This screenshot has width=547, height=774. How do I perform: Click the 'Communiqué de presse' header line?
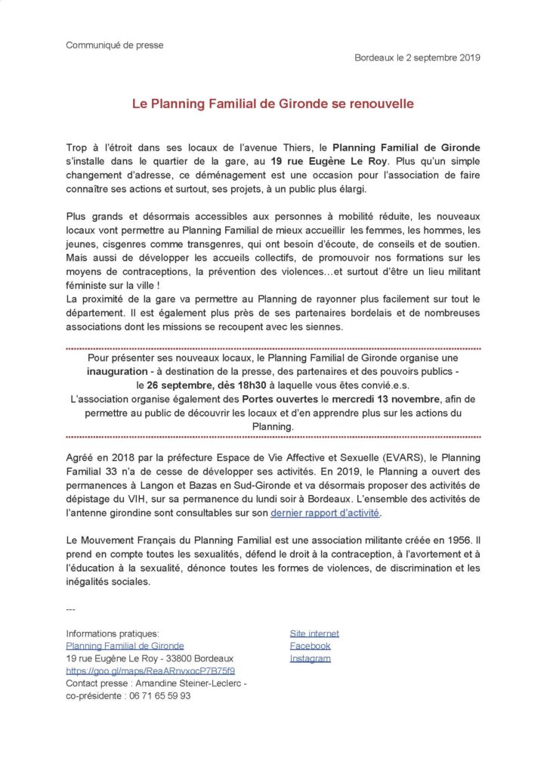tap(115, 45)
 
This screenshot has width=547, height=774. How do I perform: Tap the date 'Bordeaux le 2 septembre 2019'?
tap(417, 58)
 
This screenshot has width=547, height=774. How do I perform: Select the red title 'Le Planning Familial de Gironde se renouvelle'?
tap(273, 104)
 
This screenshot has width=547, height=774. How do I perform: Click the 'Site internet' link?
tap(314, 633)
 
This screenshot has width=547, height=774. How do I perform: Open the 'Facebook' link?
tap(310, 646)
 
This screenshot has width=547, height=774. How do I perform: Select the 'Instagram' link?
tap(310, 659)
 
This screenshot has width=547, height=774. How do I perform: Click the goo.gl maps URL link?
tap(150, 671)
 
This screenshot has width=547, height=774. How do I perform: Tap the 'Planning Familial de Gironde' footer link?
tap(125, 646)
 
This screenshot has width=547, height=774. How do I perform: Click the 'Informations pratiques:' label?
tap(113, 633)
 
